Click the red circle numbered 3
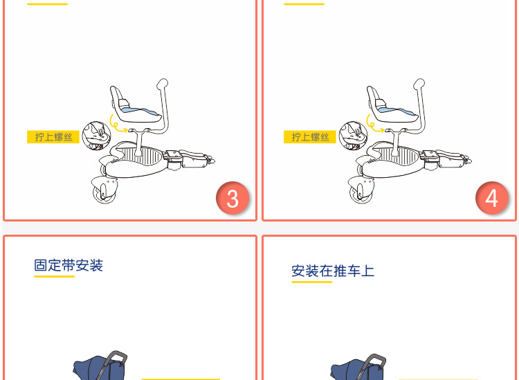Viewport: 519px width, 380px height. pyautogui.click(x=233, y=198)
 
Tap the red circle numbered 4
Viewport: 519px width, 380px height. pyautogui.click(x=492, y=198)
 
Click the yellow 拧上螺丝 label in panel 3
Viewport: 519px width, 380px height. pyautogui.click(x=53, y=137)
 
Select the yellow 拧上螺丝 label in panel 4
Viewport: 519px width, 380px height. pyautogui.click(x=310, y=137)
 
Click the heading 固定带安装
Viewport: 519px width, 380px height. pyautogui.click(x=69, y=266)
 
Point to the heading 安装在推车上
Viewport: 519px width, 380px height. pyautogui.click(x=333, y=271)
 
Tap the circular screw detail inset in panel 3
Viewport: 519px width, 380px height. pyautogui.click(x=96, y=136)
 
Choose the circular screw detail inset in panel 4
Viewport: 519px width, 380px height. pyautogui.click(x=353, y=136)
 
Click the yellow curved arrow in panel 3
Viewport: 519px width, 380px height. pyautogui.click(x=114, y=125)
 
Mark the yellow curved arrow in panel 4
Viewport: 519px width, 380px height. pyautogui.click(x=371, y=125)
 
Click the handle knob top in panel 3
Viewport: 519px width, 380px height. pyautogui.click(x=162, y=83)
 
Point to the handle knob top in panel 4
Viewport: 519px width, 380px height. pyautogui.click(x=419, y=83)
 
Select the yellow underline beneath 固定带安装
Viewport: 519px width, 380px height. pyautogui.click(x=54, y=276)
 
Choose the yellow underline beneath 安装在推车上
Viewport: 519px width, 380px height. pyautogui.click(x=312, y=282)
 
